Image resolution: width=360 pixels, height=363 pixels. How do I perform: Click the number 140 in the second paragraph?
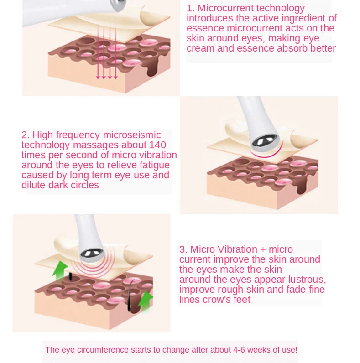157,145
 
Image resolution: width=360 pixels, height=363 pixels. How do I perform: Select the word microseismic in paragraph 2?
132,135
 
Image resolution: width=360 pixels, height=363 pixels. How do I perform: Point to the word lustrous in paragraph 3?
307,280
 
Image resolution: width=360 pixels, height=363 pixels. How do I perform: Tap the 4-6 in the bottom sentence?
239,350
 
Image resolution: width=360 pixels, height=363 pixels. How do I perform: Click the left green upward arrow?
60,270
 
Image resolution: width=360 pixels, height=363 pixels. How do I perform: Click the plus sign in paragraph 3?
263,249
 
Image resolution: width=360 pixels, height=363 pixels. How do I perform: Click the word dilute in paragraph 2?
34,185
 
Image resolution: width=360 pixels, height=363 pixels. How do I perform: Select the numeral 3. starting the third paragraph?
183,249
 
